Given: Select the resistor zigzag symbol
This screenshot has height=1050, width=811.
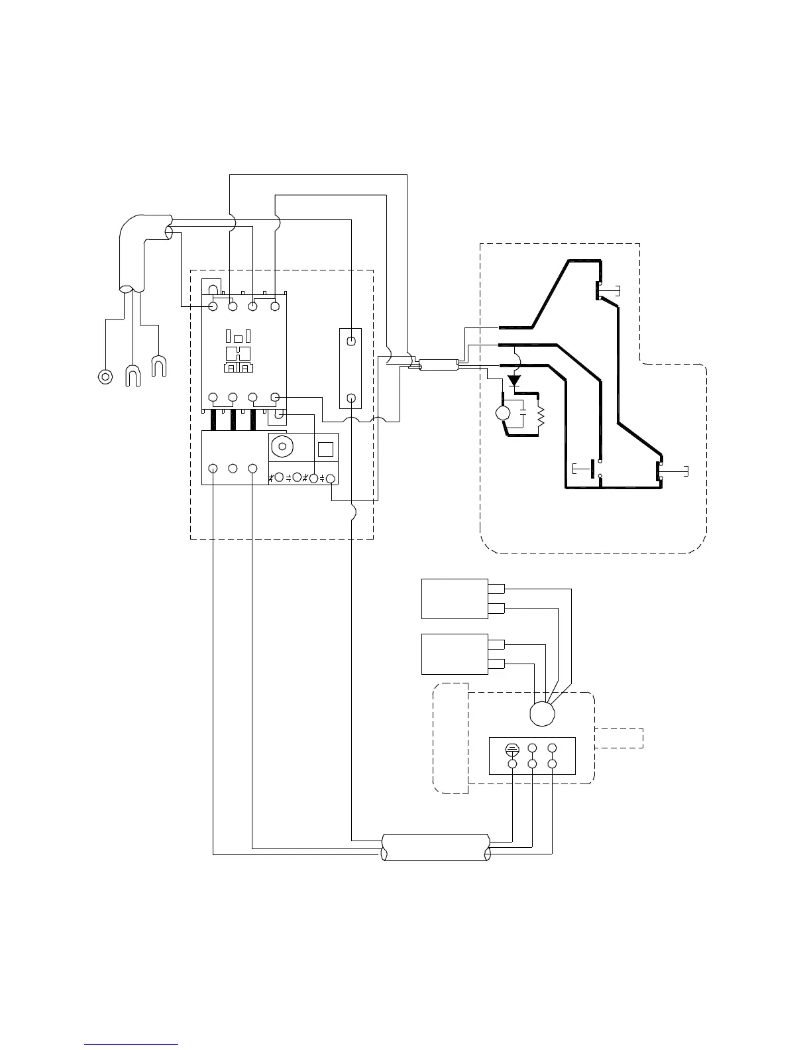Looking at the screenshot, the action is click(540, 416).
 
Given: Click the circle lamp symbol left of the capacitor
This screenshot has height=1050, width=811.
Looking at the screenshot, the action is click(504, 414).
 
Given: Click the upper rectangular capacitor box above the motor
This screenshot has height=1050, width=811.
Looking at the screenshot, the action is click(455, 599).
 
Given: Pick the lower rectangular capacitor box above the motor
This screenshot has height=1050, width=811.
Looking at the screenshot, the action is click(455, 654).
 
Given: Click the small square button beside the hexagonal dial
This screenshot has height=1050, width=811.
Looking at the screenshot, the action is click(325, 449).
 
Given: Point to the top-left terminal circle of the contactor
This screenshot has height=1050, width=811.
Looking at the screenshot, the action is click(213, 307).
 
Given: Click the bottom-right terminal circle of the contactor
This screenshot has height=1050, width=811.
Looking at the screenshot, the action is click(275, 398).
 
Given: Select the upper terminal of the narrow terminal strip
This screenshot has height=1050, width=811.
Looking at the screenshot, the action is click(351, 341).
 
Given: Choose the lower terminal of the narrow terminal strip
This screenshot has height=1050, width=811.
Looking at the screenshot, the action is click(351, 398).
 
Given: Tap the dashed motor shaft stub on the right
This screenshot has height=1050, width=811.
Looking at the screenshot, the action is click(620, 738).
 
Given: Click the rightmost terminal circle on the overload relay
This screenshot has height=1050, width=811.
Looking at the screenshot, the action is click(331, 478).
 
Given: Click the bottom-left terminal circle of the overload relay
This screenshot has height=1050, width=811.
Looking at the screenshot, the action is click(213, 469).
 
